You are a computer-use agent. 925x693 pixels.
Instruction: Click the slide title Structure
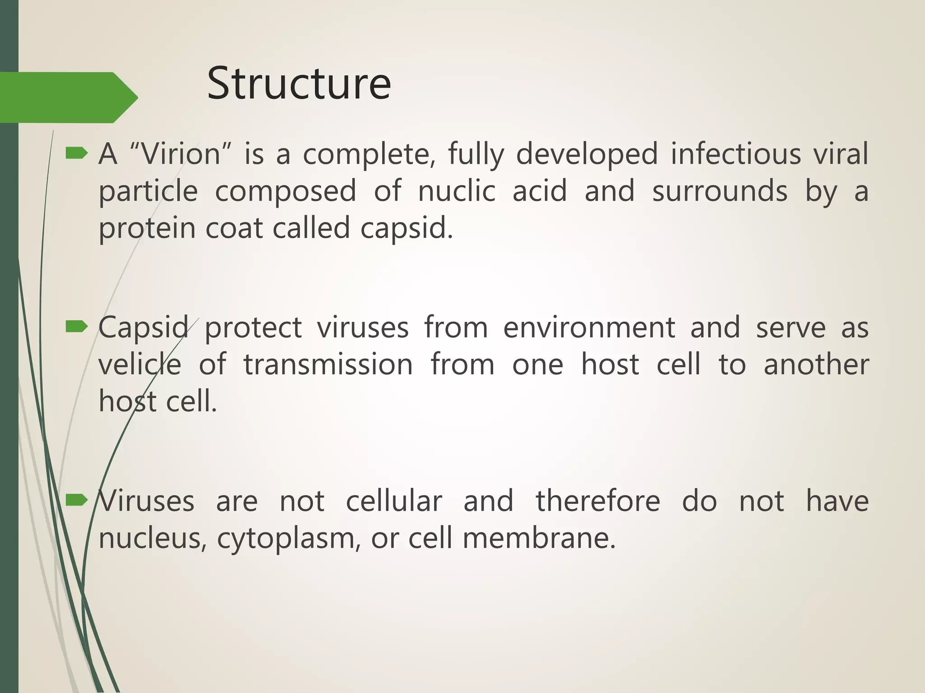click(x=299, y=84)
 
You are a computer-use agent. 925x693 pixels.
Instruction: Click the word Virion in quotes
click(x=180, y=154)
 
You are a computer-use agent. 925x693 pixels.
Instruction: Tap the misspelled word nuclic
click(x=456, y=191)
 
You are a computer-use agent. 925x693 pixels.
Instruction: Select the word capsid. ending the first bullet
click(x=406, y=228)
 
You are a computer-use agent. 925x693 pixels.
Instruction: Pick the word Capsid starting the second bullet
click(x=144, y=328)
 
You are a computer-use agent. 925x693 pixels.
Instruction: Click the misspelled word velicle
click(x=140, y=365)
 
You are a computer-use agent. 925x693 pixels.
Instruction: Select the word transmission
click(x=328, y=365)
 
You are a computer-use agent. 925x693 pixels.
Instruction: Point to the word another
click(x=816, y=365)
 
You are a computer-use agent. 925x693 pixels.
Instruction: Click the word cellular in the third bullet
click(x=394, y=501)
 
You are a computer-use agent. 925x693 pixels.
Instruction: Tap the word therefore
click(x=598, y=501)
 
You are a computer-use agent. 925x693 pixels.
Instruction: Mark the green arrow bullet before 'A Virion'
click(x=76, y=154)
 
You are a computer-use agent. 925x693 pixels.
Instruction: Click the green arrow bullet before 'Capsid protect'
click(x=76, y=327)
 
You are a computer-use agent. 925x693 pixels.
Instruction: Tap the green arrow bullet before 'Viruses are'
click(x=76, y=500)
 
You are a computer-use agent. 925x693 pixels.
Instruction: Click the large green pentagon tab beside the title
click(x=63, y=97)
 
